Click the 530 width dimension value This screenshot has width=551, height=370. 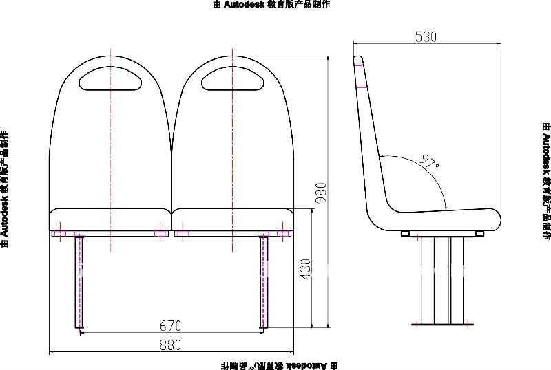(426, 37)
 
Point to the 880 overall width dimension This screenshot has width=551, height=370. (170, 344)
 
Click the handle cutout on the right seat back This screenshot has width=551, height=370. (233, 77)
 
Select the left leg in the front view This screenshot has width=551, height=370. (79, 282)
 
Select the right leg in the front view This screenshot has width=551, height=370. (264, 282)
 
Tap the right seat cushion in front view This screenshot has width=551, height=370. (233, 220)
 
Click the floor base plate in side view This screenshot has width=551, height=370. (443, 323)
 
